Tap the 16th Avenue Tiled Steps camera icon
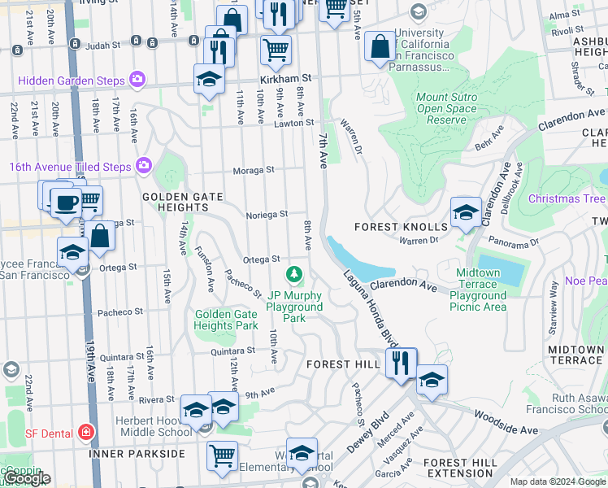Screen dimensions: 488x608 [x=144, y=166]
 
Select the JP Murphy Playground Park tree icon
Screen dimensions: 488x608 [x=294, y=272]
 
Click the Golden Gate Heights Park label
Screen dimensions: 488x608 [x=226, y=320]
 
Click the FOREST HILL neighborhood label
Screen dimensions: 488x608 [x=343, y=365]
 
